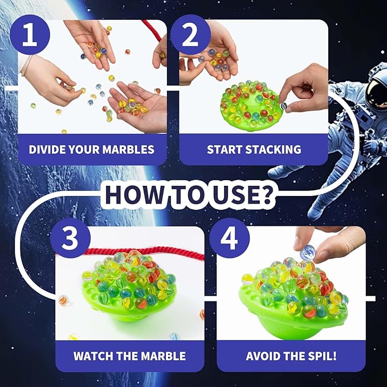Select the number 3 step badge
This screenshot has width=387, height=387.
point(69,240)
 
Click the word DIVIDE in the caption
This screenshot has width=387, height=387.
point(48,150)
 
